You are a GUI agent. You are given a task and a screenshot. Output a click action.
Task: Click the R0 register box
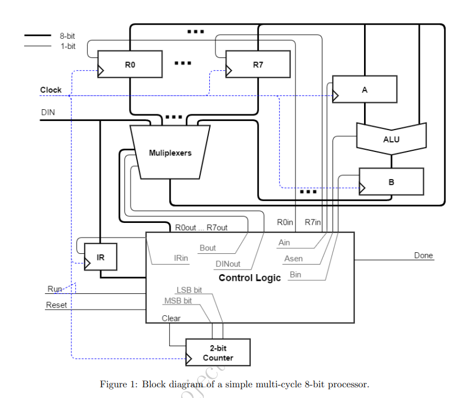(130, 64)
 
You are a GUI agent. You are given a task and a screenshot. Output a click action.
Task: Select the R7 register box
(258, 64)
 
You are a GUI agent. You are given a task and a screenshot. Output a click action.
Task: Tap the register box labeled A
(365, 89)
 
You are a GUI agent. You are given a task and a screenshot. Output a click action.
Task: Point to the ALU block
(391, 138)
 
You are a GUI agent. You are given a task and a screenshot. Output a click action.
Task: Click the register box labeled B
(391, 182)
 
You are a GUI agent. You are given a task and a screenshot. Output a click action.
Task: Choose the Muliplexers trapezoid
(170, 152)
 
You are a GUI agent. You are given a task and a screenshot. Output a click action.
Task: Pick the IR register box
(100, 257)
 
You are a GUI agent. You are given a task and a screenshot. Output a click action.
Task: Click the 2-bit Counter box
(218, 353)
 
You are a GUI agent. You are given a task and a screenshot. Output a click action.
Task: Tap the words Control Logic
(249, 278)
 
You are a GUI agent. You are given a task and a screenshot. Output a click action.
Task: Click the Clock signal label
(51, 90)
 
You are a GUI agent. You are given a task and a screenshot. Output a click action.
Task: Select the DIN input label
(48, 113)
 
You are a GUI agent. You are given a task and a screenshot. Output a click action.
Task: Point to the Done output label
(424, 255)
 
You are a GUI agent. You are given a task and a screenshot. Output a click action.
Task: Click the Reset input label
(56, 305)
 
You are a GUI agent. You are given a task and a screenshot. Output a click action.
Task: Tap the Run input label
(55, 289)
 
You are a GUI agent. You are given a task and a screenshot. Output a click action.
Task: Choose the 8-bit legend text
(68, 36)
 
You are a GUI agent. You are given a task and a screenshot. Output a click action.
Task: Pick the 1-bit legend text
(68, 46)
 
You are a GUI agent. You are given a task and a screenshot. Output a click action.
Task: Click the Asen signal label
(293, 258)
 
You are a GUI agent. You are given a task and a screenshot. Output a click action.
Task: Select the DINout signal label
(228, 263)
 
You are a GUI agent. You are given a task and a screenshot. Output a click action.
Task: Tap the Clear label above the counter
(171, 318)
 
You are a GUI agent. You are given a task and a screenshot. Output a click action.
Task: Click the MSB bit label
(178, 301)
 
